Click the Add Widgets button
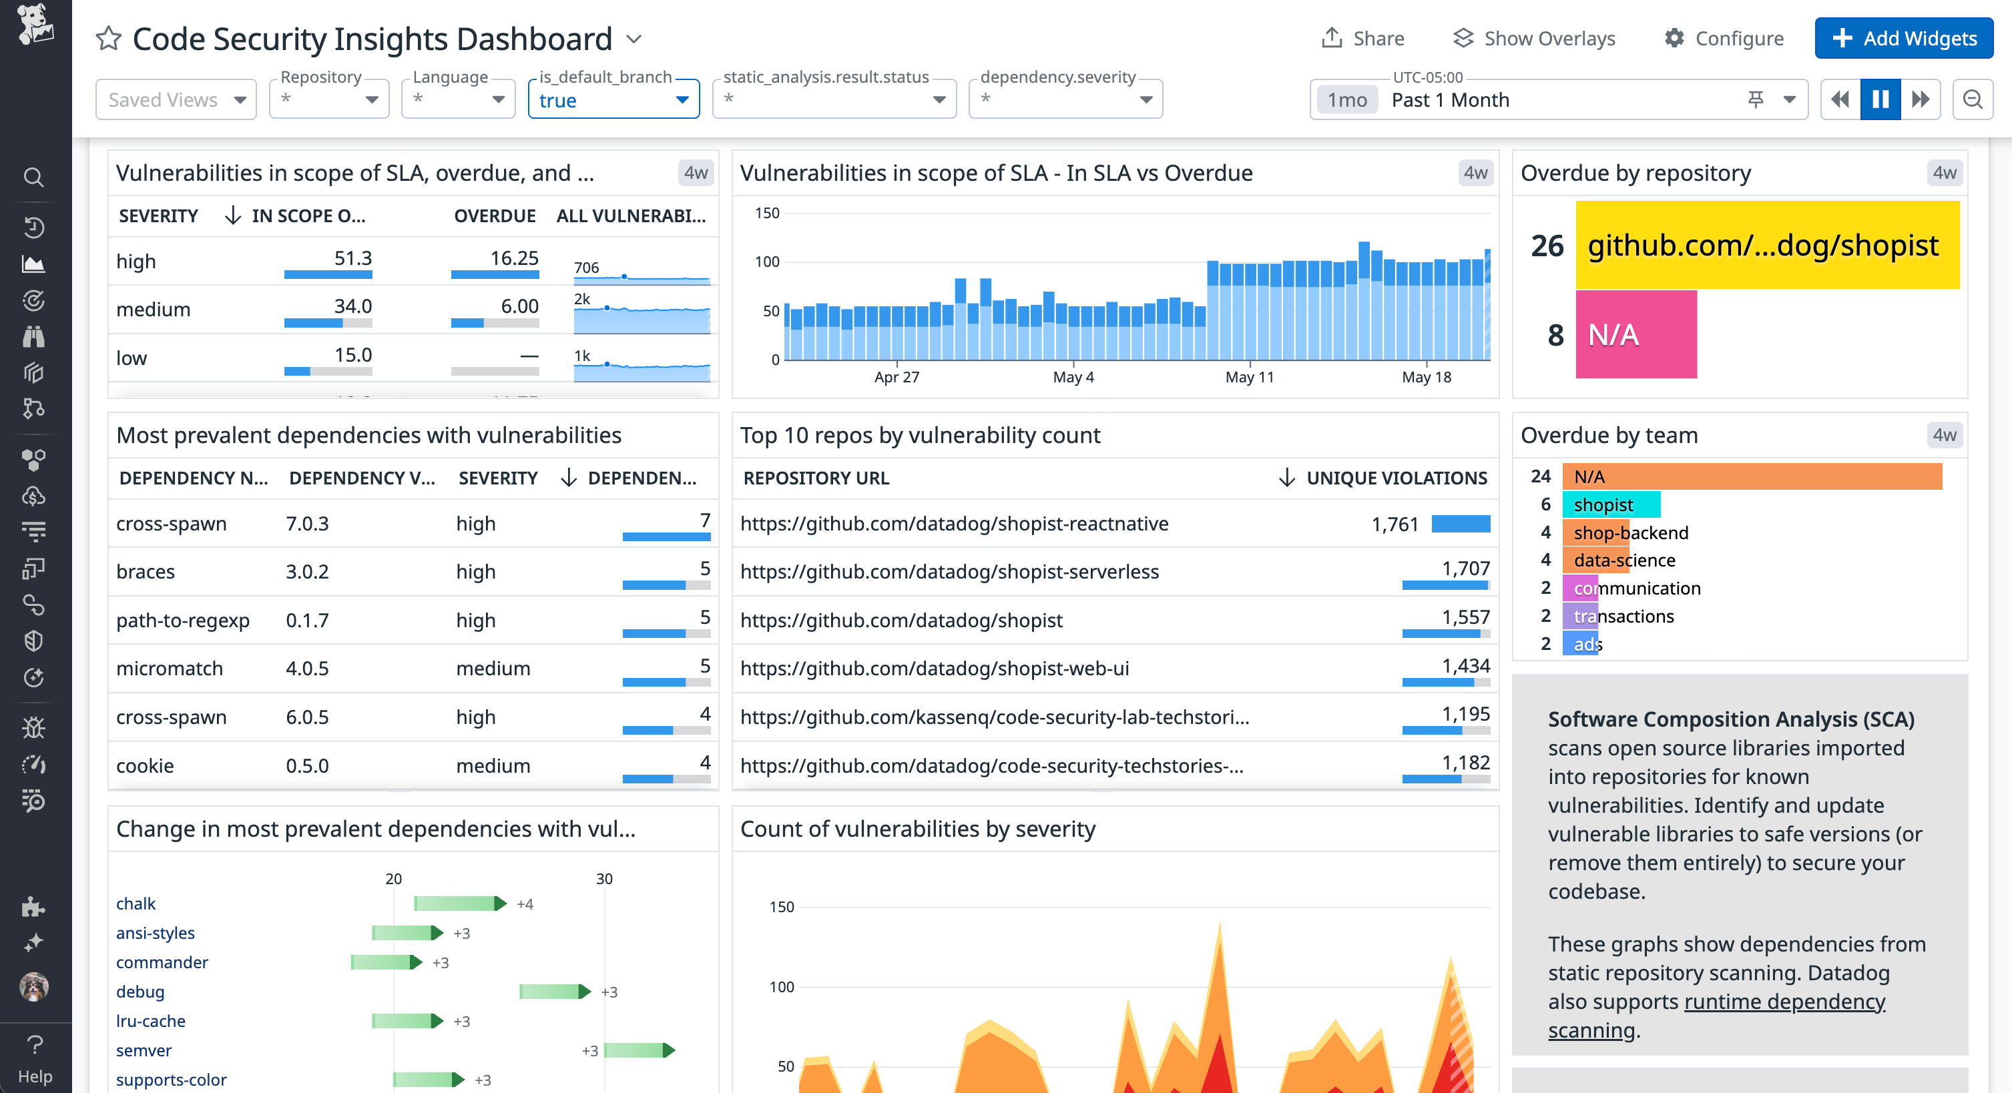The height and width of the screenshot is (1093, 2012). (x=1903, y=38)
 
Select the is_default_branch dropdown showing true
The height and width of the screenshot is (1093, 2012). (x=613, y=100)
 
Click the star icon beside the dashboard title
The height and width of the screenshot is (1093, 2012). (x=109, y=38)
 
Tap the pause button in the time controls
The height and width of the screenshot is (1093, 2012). (x=1880, y=100)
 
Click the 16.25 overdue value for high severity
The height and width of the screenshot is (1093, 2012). (x=514, y=258)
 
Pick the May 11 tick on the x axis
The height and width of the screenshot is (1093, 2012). (x=1249, y=377)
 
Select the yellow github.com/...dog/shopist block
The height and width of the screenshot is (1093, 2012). (x=1767, y=245)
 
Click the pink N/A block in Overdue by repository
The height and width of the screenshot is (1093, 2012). (x=1636, y=335)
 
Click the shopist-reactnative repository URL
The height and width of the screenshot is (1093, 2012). (x=954, y=524)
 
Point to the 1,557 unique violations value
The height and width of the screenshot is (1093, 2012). (x=1465, y=617)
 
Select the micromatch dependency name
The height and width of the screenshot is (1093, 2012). (x=170, y=669)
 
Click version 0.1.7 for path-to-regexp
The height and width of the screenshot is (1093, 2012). (x=307, y=621)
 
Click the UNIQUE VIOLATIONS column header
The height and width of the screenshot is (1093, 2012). (x=1396, y=478)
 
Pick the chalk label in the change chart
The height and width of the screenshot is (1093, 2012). (x=136, y=903)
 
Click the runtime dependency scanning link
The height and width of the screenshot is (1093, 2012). (x=1784, y=1002)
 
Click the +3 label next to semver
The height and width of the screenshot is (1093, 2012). (x=589, y=1051)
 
